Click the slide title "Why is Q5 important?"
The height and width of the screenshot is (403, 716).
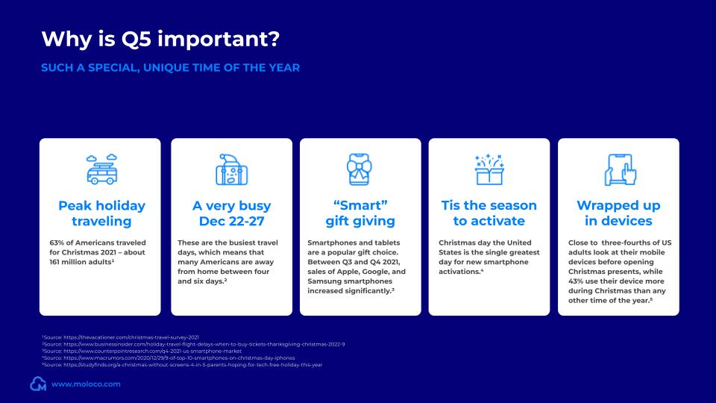coord(163,38)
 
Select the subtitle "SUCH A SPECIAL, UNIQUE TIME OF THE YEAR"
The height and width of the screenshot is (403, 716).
coord(170,68)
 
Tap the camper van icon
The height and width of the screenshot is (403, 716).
coord(99,170)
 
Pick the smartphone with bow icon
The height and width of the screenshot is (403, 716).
coord(359,170)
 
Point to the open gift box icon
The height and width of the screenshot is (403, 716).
coord(489,170)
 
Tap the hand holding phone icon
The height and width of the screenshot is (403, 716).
coord(619,170)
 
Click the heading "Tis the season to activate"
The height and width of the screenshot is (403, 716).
coord(489,213)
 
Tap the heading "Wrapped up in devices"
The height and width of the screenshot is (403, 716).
coord(619,213)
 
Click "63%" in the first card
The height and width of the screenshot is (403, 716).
coord(57,243)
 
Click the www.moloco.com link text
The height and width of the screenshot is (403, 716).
coord(86,384)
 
